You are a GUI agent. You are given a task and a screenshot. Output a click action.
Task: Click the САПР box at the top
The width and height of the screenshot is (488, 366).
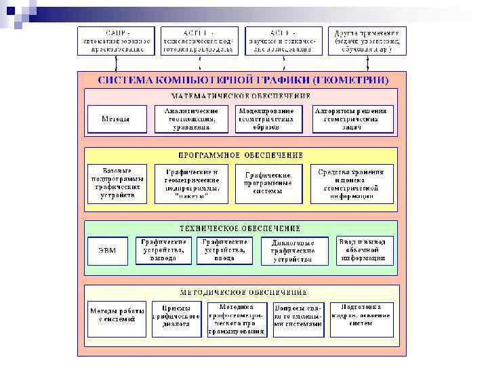[x=116, y=41]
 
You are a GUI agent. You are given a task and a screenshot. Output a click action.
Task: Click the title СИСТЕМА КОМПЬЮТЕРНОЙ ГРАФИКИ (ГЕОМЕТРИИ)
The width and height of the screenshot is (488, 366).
[x=243, y=79]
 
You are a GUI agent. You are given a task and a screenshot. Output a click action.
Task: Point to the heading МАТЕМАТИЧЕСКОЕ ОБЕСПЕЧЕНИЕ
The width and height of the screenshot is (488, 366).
[x=241, y=96]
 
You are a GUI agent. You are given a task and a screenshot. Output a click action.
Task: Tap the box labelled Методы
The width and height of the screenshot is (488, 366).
[x=117, y=119]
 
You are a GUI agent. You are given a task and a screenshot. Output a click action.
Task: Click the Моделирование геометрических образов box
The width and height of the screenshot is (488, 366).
[x=266, y=119]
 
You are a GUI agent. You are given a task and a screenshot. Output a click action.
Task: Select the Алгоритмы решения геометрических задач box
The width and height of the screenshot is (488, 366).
[x=351, y=119]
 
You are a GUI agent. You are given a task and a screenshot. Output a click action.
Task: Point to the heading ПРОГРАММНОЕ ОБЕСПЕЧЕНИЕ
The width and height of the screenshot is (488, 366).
[x=241, y=155]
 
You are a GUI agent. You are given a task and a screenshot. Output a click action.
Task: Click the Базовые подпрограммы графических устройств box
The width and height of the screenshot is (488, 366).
[x=117, y=183]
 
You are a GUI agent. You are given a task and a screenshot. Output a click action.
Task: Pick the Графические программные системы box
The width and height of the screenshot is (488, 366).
[x=268, y=183]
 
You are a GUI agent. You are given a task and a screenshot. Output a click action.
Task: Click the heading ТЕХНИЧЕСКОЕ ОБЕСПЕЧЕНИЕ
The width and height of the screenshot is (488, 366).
[x=241, y=228]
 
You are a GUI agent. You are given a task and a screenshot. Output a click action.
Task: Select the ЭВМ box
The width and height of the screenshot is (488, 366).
[x=108, y=251]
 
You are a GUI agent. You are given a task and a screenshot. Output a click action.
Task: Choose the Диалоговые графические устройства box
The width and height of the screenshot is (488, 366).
[x=292, y=251]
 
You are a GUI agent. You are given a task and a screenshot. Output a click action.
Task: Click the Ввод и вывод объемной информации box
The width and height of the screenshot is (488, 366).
[x=366, y=249]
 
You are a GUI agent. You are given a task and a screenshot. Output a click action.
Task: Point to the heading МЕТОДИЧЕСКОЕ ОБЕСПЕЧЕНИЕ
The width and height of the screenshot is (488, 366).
[x=241, y=292]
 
